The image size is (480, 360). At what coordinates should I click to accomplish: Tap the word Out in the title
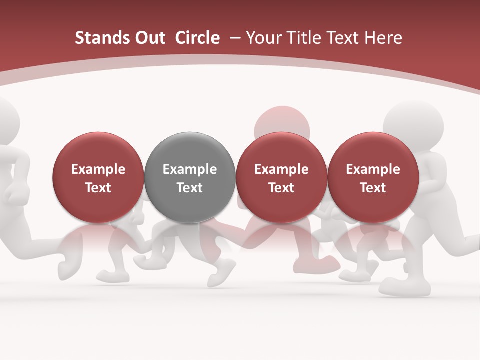(149, 38)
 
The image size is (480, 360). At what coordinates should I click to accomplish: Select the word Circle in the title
(197, 38)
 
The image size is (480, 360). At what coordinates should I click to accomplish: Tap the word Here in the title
(383, 38)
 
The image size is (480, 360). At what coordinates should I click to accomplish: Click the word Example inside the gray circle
(190, 169)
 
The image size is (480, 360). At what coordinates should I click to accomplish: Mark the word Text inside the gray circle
(190, 188)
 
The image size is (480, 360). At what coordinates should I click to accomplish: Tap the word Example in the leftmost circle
(98, 169)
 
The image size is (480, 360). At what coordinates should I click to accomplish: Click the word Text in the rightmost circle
(373, 188)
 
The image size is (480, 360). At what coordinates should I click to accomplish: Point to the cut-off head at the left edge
(7, 120)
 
